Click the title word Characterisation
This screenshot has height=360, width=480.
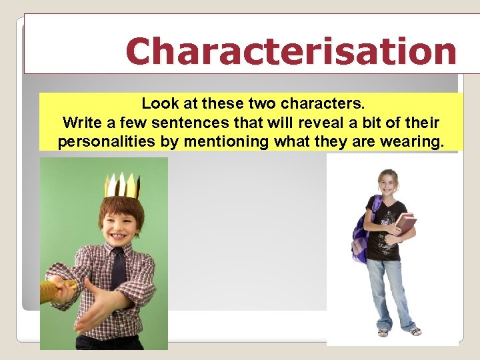coord(291,52)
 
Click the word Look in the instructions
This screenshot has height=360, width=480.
coord(157,105)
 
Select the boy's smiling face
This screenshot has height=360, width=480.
coord(121,221)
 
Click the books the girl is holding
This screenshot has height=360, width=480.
coord(404,223)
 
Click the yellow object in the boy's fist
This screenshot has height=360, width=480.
coord(52,291)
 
